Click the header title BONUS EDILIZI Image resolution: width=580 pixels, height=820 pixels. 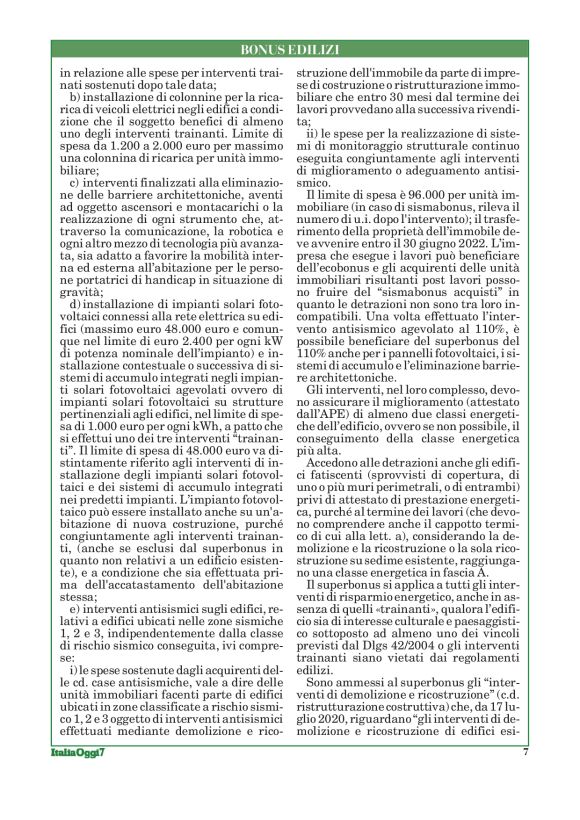tap(290, 49)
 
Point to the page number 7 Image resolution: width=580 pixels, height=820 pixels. tap(525, 780)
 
